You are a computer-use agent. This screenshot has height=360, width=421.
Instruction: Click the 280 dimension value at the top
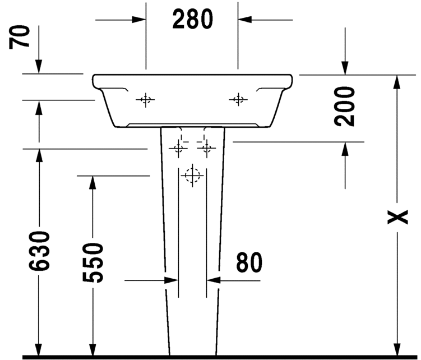(192, 19)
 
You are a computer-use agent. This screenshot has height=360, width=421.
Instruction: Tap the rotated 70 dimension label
(19, 37)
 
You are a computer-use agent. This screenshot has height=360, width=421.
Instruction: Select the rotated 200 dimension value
(344, 106)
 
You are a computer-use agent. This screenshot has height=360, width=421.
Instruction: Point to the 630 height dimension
(39, 251)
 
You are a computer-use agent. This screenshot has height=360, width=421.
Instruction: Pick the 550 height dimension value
(92, 262)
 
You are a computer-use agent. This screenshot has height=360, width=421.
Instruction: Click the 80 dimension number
(249, 262)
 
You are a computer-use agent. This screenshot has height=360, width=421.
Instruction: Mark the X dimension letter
(397, 217)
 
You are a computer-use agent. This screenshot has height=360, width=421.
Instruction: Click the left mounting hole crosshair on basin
(146, 100)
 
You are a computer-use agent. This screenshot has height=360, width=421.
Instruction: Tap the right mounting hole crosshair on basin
(238, 100)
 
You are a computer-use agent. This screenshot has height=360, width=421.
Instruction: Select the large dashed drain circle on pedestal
(192, 176)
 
